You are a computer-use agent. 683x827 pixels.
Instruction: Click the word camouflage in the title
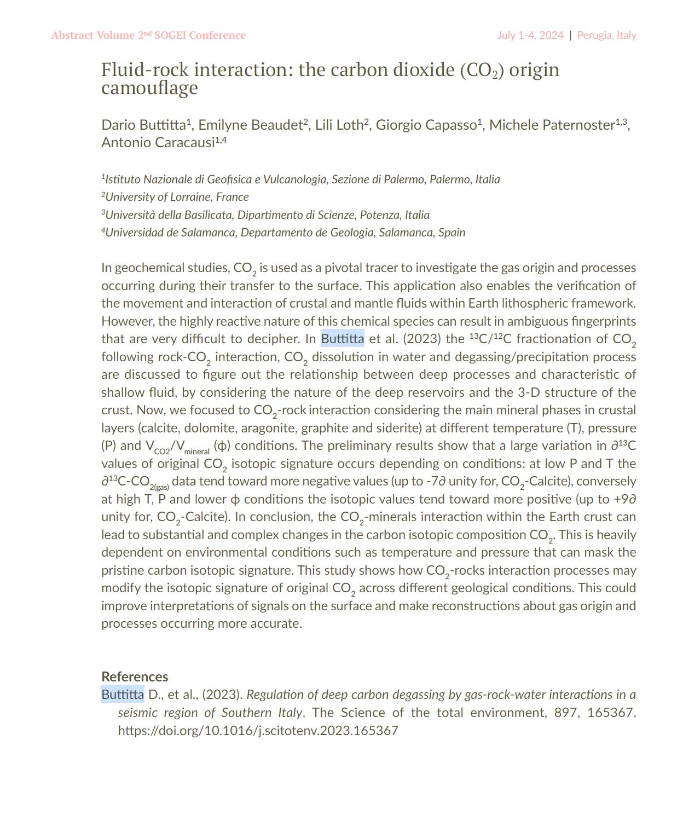click(x=149, y=88)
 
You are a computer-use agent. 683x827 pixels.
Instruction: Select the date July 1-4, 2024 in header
click(x=530, y=36)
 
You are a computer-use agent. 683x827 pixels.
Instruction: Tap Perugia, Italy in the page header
click(x=606, y=36)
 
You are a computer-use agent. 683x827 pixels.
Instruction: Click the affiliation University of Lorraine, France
click(x=177, y=197)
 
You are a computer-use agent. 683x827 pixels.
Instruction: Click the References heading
click(x=135, y=677)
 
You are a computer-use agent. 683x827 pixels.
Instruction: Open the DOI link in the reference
click(x=258, y=731)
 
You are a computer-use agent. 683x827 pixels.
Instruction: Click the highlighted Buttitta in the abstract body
click(x=343, y=339)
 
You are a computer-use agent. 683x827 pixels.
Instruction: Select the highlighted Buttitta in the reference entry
click(x=123, y=695)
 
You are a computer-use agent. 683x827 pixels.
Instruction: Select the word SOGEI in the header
click(x=169, y=36)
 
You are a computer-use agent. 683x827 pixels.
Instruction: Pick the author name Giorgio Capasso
click(x=426, y=125)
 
